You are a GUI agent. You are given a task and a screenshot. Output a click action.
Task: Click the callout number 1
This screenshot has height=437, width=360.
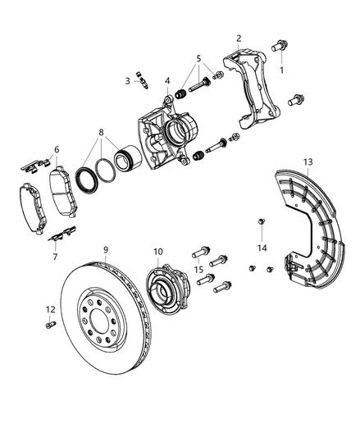[283, 71]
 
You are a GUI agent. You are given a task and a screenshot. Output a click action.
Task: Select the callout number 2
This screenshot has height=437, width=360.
[239, 38]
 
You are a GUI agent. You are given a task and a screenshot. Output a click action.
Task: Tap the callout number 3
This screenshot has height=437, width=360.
[128, 80]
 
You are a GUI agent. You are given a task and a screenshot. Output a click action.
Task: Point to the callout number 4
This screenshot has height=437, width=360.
[166, 80]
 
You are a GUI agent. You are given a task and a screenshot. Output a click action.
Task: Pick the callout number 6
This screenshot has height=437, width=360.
[56, 149]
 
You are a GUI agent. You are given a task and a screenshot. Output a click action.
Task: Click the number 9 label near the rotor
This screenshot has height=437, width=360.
[106, 250]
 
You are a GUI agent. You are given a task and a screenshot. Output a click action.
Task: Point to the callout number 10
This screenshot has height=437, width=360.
[158, 253]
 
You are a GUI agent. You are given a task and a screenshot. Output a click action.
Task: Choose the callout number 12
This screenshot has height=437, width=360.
[49, 309]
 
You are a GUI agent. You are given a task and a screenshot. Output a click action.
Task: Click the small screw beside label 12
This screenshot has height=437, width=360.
[49, 325]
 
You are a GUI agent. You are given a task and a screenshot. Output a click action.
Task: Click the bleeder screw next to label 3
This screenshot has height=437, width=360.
[143, 80]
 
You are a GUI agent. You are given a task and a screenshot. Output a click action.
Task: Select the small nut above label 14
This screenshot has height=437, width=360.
[260, 221]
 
